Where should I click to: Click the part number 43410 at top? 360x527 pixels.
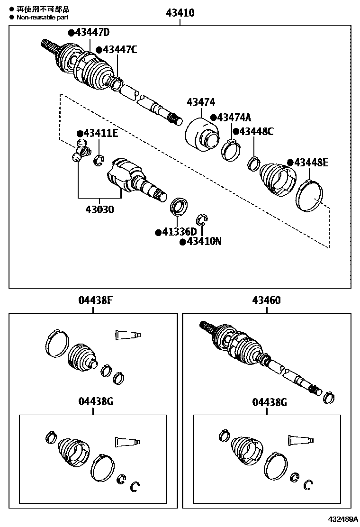pyautogui.click(x=180, y=13)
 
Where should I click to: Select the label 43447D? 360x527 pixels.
pyautogui.click(x=89, y=32)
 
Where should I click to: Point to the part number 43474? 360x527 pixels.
pyautogui.click(x=201, y=102)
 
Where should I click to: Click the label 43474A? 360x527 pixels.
pyautogui.click(x=231, y=118)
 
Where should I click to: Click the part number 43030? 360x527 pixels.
pyautogui.click(x=99, y=209)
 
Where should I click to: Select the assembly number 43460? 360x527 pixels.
pyautogui.click(x=266, y=300)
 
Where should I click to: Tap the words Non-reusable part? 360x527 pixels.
pyautogui.click(x=42, y=17)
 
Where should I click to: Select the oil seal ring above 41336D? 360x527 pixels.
pyautogui.click(x=179, y=207)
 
